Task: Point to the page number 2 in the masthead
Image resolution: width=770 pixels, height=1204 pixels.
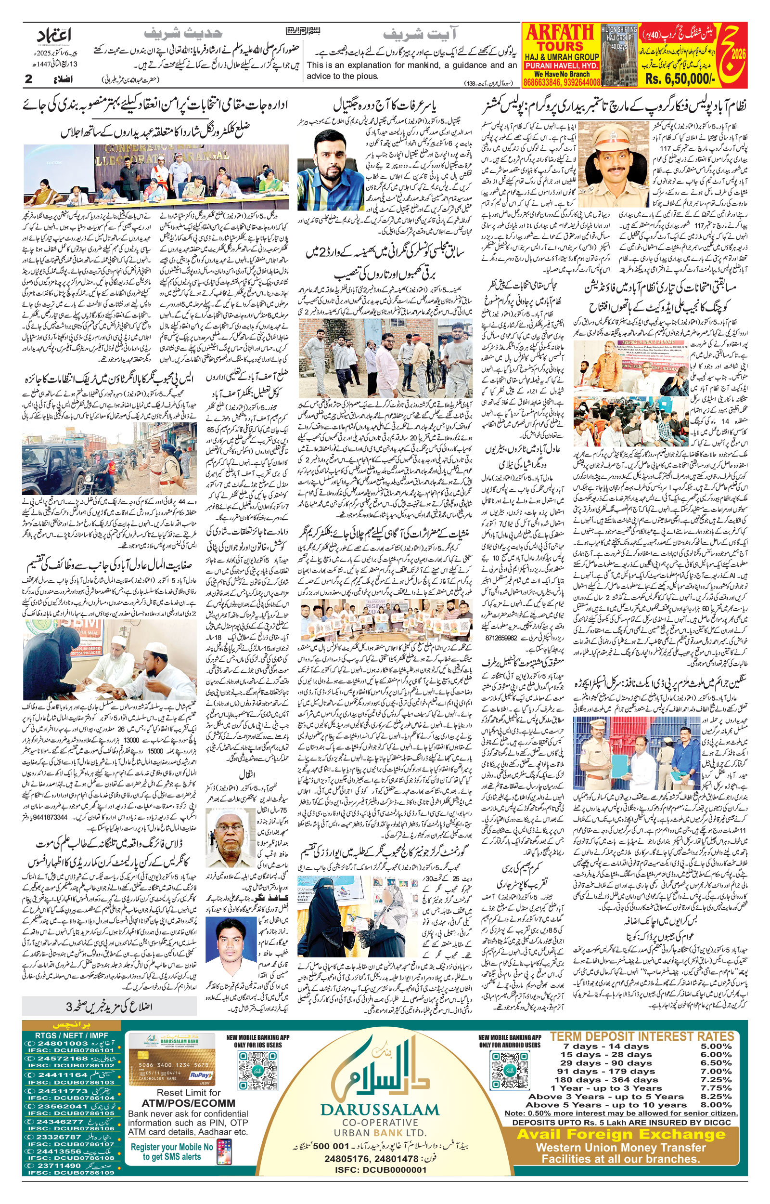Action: pyautogui.click(x=28, y=79)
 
